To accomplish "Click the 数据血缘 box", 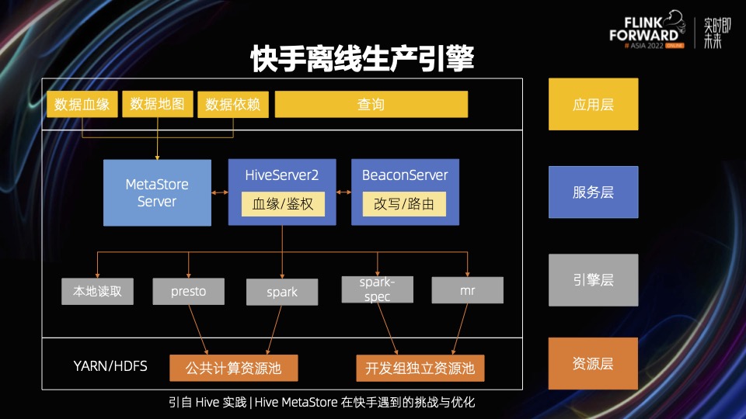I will (x=82, y=105).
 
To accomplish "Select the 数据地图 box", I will (x=158, y=104).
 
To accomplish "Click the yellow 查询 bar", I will (x=371, y=105).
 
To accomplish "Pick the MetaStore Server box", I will (x=157, y=193).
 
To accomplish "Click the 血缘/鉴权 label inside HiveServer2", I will (x=282, y=205).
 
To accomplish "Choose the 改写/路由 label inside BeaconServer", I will (x=405, y=205).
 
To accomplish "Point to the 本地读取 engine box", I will (x=98, y=292).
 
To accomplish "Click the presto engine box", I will (x=189, y=292).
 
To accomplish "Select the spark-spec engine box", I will (x=377, y=289).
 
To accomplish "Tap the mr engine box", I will (x=467, y=291).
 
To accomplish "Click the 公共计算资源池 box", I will (x=234, y=368).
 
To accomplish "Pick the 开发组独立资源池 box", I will (x=420, y=368).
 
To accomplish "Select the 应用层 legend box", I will (x=593, y=104).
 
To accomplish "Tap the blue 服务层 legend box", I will (x=593, y=192).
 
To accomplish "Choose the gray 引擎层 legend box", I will (x=593, y=280).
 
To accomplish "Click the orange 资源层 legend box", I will (x=593, y=363).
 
